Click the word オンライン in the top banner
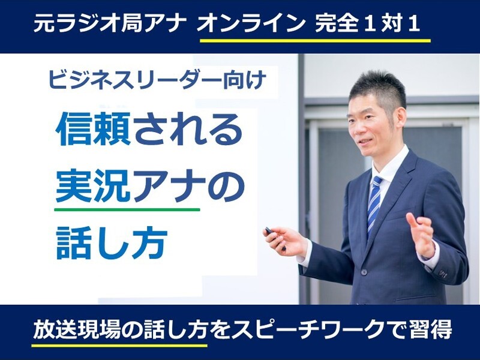point(250,24)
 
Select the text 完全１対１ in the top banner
point(367,24)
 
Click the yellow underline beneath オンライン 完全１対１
point(315,40)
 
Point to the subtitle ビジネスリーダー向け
point(156,80)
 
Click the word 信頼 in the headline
point(94,128)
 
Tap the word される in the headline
point(187,128)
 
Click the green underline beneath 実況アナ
point(127,209)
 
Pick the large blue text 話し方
point(112,243)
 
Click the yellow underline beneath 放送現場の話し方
point(119,346)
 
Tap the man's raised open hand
point(422,233)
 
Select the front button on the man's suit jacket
point(363,272)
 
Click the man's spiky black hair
point(378,87)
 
